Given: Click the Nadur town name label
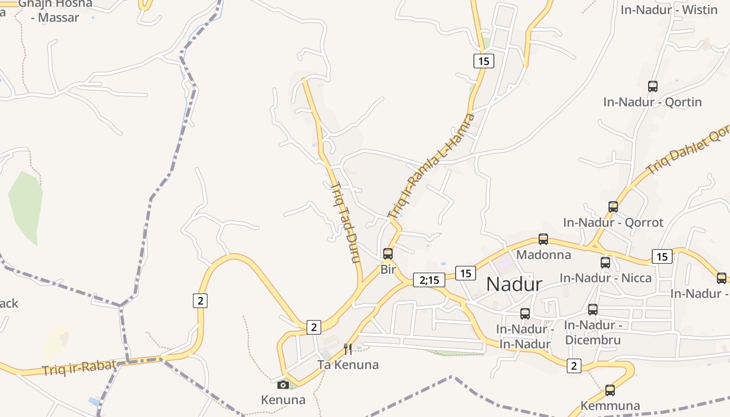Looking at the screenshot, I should tap(514, 285).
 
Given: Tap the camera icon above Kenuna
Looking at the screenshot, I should tap(283, 385).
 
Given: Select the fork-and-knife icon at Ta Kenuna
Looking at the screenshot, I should tap(348, 349).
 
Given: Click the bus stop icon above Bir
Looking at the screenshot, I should tap(388, 254).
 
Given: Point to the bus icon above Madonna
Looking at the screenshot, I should tap(543, 239).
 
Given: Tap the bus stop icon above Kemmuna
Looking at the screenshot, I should tap(610, 390).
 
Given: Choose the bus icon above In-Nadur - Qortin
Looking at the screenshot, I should tap(652, 87).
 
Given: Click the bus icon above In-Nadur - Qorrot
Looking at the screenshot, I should tap(613, 207).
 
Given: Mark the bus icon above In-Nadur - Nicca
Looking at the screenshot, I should tap(605, 263).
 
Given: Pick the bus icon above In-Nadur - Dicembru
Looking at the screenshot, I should tap(593, 310).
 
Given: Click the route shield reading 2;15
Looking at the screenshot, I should tap(429, 280).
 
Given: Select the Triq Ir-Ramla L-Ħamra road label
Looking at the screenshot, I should tap(432, 166).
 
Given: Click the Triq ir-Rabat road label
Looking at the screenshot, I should tap(79, 367).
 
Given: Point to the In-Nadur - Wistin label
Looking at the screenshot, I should tap(669, 9).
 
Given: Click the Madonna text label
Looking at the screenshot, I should tap(543, 255).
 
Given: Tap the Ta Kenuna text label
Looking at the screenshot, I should tap(348, 364).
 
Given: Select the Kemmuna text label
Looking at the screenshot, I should tap(610, 406).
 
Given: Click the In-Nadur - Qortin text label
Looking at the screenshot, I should tap(652, 102).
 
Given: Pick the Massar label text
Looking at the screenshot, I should tap(55, 17).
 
